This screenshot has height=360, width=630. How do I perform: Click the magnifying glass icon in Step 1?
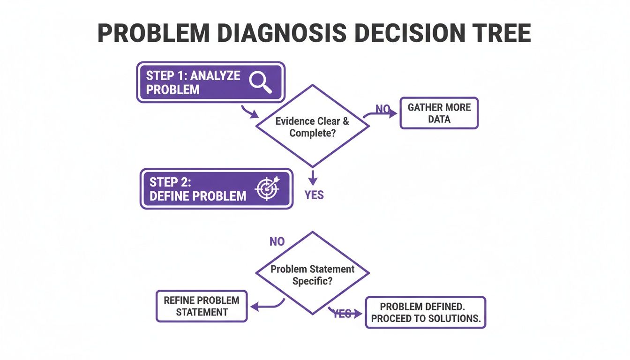click(x=260, y=82)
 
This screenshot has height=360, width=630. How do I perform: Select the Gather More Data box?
click(x=439, y=113)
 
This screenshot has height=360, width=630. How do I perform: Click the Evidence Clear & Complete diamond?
click(x=312, y=126)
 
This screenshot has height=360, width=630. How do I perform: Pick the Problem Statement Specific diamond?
click(x=312, y=274)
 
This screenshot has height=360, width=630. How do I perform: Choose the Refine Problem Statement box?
click(x=202, y=306)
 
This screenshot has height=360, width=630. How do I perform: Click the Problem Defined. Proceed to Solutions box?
click(x=425, y=312)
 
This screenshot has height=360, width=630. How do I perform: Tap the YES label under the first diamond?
click(x=314, y=195)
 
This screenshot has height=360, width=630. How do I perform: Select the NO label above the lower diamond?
click(x=277, y=242)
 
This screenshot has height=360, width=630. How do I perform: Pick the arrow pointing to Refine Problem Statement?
click(x=267, y=306)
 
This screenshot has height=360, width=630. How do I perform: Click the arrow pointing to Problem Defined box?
click(x=347, y=313)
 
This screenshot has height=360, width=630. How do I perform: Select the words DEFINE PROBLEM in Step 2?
click(x=198, y=196)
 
